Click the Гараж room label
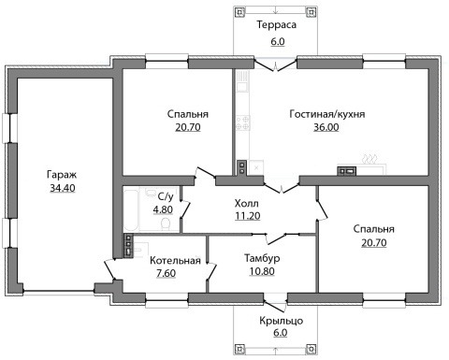(62, 175)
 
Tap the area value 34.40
(63, 188)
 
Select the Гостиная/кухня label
(327, 114)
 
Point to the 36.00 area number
(326, 127)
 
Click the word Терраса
(277, 24)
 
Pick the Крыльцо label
(282, 321)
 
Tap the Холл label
(247, 204)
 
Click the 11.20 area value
(248, 216)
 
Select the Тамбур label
(262, 258)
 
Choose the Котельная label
(175, 260)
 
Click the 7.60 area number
(167, 273)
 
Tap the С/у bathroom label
(166, 196)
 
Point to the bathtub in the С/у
(131, 209)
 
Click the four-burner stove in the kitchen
(243, 122)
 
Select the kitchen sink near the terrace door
(242, 80)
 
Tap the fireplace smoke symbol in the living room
(370, 159)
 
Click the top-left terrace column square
(239, 12)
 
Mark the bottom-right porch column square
(311, 348)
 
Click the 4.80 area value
(163, 209)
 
